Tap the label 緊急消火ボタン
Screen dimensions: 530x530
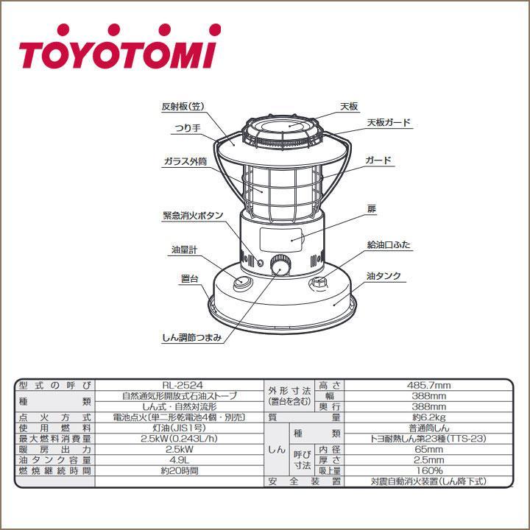click(x=193, y=216)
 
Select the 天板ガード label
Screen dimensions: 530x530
click(x=389, y=122)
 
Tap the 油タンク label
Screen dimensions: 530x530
click(x=384, y=276)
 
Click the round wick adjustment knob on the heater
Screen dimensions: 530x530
click(x=280, y=266)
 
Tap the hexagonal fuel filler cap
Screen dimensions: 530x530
click(x=319, y=283)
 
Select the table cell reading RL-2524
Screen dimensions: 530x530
click(x=180, y=384)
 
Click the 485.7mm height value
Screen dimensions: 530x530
click(x=428, y=384)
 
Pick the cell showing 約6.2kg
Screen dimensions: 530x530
click(x=428, y=417)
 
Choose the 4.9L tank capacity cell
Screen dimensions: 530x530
click(x=180, y=459)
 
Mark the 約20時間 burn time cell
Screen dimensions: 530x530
click(x=180, y=470)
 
